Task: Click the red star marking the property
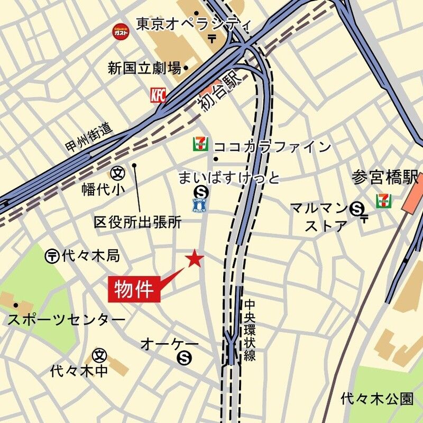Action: pos(195,258)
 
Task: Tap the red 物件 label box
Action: pos(134,289)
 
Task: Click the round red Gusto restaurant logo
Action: pos(120,32)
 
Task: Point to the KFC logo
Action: pos(158,95)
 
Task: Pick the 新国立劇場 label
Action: pos(144,68)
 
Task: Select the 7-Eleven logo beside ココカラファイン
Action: pos(200,144)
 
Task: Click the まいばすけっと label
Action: pos(228,177)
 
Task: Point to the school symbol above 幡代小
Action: pos(117,173)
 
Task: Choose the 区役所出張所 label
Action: pos(137,222)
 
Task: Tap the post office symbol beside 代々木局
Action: pos(52,256)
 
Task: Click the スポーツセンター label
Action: pos(67,320)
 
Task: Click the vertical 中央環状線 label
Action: pos(250,330)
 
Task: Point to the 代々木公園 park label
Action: pos(377,398)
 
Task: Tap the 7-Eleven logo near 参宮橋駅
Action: pos(384,201)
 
